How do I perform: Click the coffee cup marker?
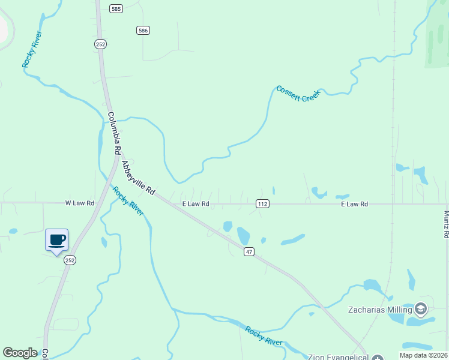click(57, 241)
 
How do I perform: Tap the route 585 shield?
click(116, 8)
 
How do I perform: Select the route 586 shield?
click(143, 30)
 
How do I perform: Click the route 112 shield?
click(262, 204)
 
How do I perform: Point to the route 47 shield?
click(250, 252)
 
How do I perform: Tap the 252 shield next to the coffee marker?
click(70, 260)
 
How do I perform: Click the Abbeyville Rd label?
click(139, 178)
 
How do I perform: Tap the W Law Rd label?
click(80, 203)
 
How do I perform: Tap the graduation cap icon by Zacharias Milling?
click(421, 309)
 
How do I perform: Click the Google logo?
click(20, 353)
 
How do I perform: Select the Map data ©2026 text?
click(423, 355)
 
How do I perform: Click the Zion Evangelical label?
click(337, 357)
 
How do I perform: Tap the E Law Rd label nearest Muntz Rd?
click(354, 204)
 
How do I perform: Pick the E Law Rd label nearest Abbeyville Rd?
click(196, 204)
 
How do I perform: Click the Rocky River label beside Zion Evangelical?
click(264, 335)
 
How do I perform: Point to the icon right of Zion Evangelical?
click(376, 358)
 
